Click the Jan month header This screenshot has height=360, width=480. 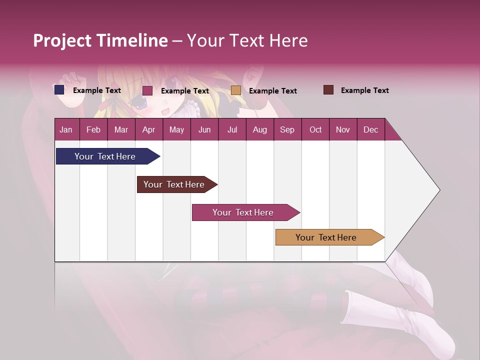coord(66,129)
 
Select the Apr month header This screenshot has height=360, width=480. coord(148,129)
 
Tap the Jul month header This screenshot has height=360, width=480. coord(232,129)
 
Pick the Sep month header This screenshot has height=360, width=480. coord(287,129)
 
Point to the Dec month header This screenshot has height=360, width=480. coord(370,129)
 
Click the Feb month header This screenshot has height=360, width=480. coord(93,129)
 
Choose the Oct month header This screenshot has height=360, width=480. coord(315,129)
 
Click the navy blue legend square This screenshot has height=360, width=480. coord(59,90)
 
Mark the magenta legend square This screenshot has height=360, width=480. coord(147,90)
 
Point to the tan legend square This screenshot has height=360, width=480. coord(236,90)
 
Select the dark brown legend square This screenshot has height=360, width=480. coord(328,90)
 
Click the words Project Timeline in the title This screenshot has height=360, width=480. coord(100,40)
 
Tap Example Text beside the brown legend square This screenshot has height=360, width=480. coord(364,90)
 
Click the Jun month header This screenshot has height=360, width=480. coord(204,129)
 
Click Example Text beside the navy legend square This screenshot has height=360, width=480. coord(97,90)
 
